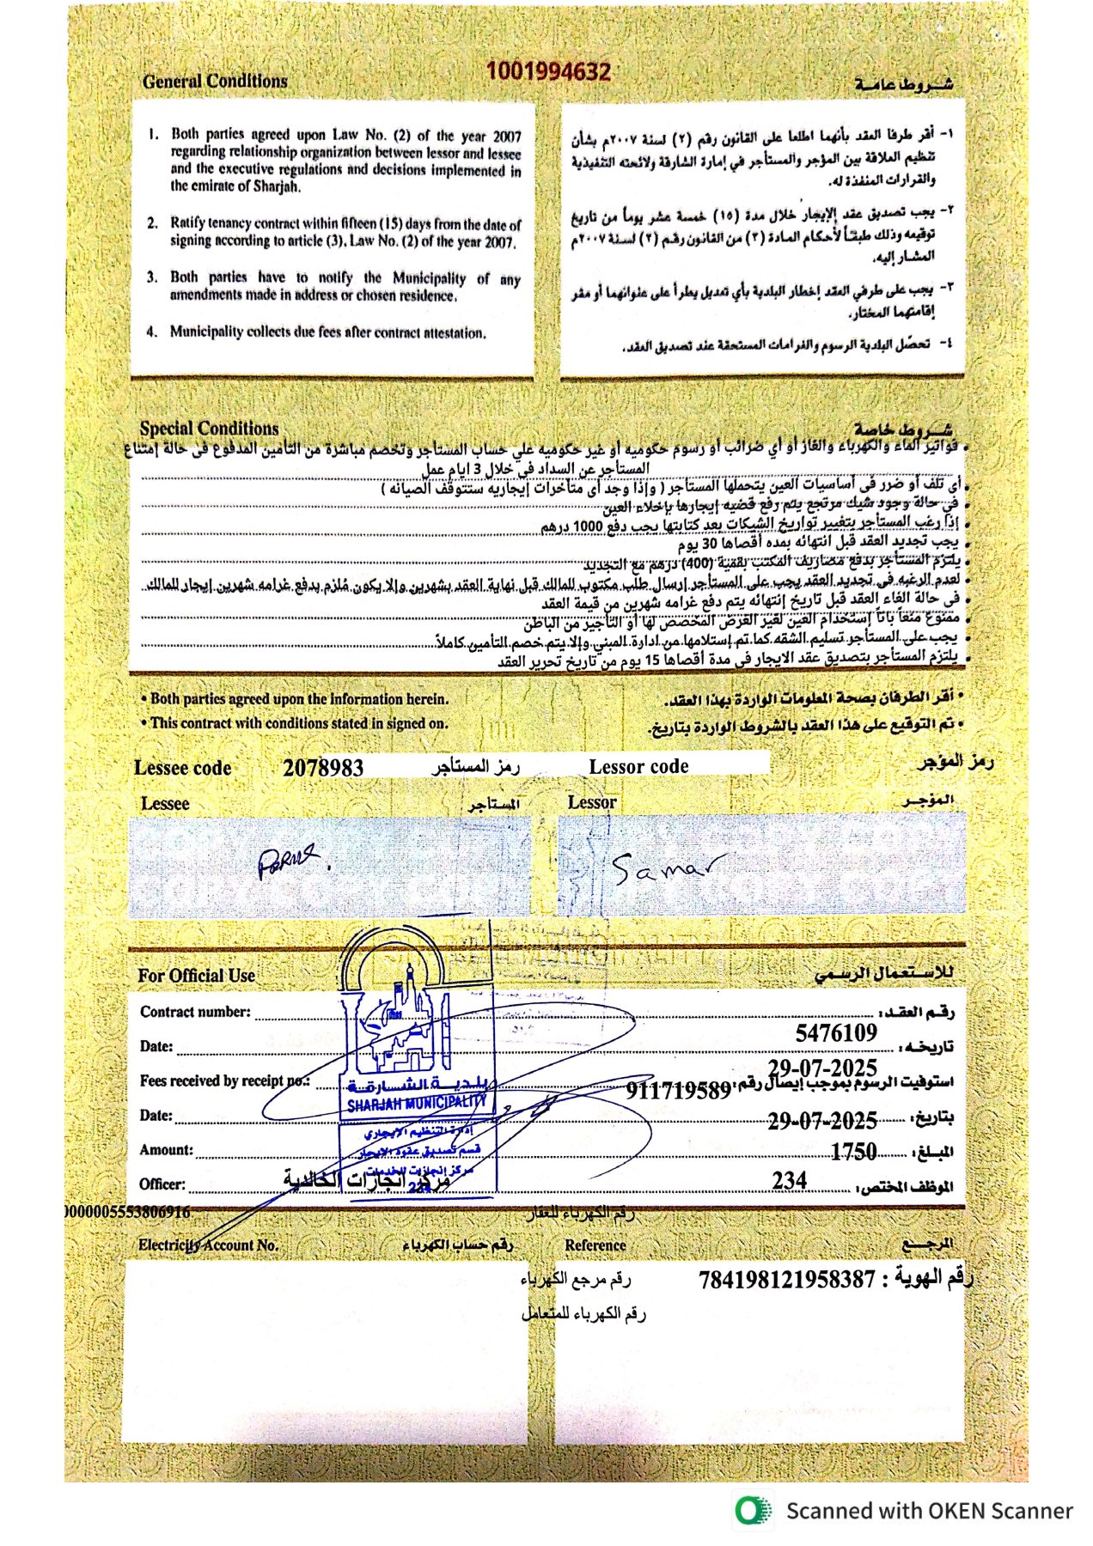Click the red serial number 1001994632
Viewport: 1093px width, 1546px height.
548,71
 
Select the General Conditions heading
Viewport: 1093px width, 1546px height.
215,82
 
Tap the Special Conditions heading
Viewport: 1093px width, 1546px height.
209,428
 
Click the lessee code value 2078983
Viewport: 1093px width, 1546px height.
323,768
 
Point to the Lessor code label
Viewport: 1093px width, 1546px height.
638,767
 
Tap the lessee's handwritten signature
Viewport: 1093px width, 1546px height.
288,860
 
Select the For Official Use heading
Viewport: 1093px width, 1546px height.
196,976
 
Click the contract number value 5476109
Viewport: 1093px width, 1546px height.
836,1033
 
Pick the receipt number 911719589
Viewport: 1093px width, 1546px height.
678,1091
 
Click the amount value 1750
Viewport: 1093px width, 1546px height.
853,1152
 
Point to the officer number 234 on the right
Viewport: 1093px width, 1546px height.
789,1181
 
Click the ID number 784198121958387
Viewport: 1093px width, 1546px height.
786,1280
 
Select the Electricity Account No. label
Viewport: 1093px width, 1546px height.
208,1245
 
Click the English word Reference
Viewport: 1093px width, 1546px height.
595,1245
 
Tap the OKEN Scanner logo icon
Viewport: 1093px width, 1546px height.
753,1511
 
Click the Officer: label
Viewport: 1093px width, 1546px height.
162,1184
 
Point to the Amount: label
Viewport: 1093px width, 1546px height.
166,1150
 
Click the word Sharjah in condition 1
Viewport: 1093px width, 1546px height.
277,186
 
